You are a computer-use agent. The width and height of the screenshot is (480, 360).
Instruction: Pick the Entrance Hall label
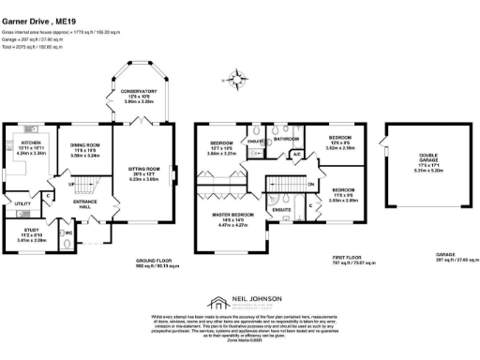coord(85,203)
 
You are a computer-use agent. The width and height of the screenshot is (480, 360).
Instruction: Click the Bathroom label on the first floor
coord(286,138)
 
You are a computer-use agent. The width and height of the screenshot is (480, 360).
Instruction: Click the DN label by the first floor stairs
coord(310,184)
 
